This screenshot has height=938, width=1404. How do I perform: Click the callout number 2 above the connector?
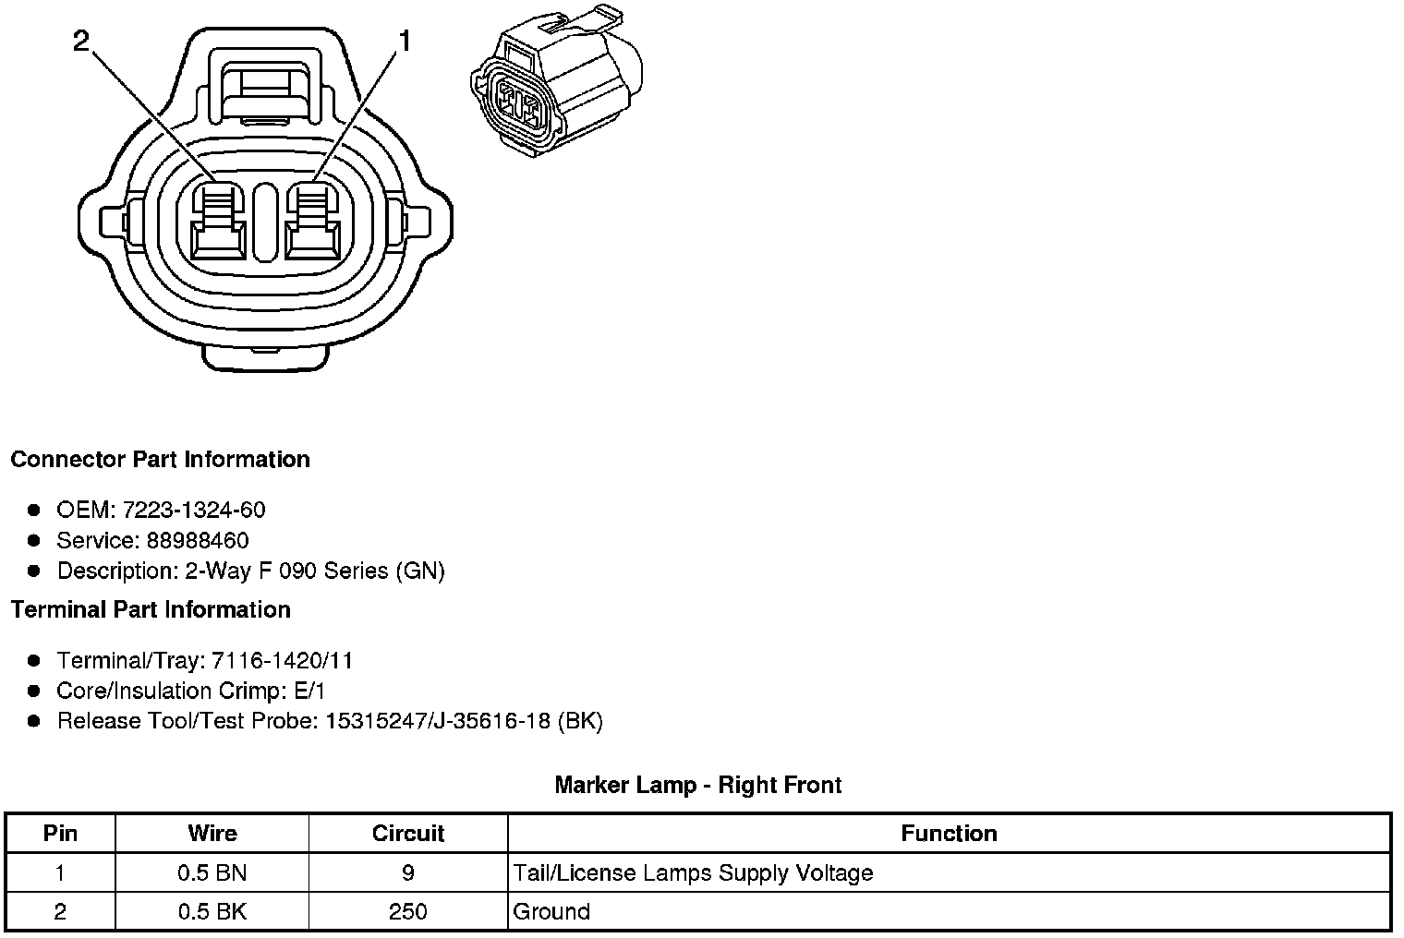[x=81, y=41]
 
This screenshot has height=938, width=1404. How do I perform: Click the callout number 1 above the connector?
[x=404, y=41]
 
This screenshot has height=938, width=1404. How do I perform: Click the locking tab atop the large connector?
[x=265, y=88]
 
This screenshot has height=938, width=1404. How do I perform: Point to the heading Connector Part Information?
[x=160, y=460]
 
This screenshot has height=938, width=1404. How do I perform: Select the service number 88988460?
[x=198, y=540]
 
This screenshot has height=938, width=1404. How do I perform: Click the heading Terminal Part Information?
[x=151, y=610]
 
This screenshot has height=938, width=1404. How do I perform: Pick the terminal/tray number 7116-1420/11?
[x=282, y=661]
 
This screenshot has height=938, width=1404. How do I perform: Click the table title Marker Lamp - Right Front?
[x=697, y=786]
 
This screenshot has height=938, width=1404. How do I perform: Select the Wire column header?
[x=212, y=834]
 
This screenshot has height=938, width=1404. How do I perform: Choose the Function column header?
[x=949, y=834]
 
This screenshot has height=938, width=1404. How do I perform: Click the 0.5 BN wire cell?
[x=212, y=872]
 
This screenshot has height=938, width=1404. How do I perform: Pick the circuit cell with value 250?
[x=407, y=912]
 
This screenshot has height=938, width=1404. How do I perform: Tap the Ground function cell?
[x=551, y=912]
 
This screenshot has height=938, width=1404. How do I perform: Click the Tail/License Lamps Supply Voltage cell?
[x=693, y=872]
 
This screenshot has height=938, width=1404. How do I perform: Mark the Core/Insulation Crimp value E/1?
[x=307, y=691]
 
